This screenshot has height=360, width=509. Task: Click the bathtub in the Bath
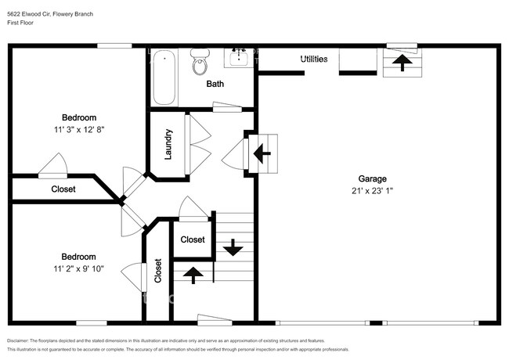[x=164, y=77]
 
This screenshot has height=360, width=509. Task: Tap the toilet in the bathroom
[x=200, y=62]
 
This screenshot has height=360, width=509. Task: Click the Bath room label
[x=216, y=84]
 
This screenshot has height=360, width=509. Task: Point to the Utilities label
[x=314, y=59]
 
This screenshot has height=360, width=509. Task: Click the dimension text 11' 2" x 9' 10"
[x=78, y=268]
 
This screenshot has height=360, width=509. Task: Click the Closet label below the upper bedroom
[x=63, y=189]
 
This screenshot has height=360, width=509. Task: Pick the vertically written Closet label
[x=157, y=271]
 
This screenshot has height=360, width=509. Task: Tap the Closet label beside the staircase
[x=193, y=239]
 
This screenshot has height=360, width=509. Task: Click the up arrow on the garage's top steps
[x=402, y=63]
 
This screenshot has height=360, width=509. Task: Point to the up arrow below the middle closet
[x=192, y=274]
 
